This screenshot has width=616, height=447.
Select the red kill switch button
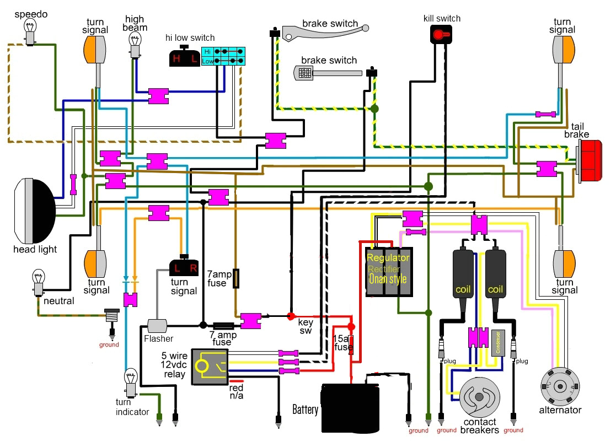click(x=440, y=35)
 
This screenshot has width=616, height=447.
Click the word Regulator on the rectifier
click(x=388, y=258)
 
